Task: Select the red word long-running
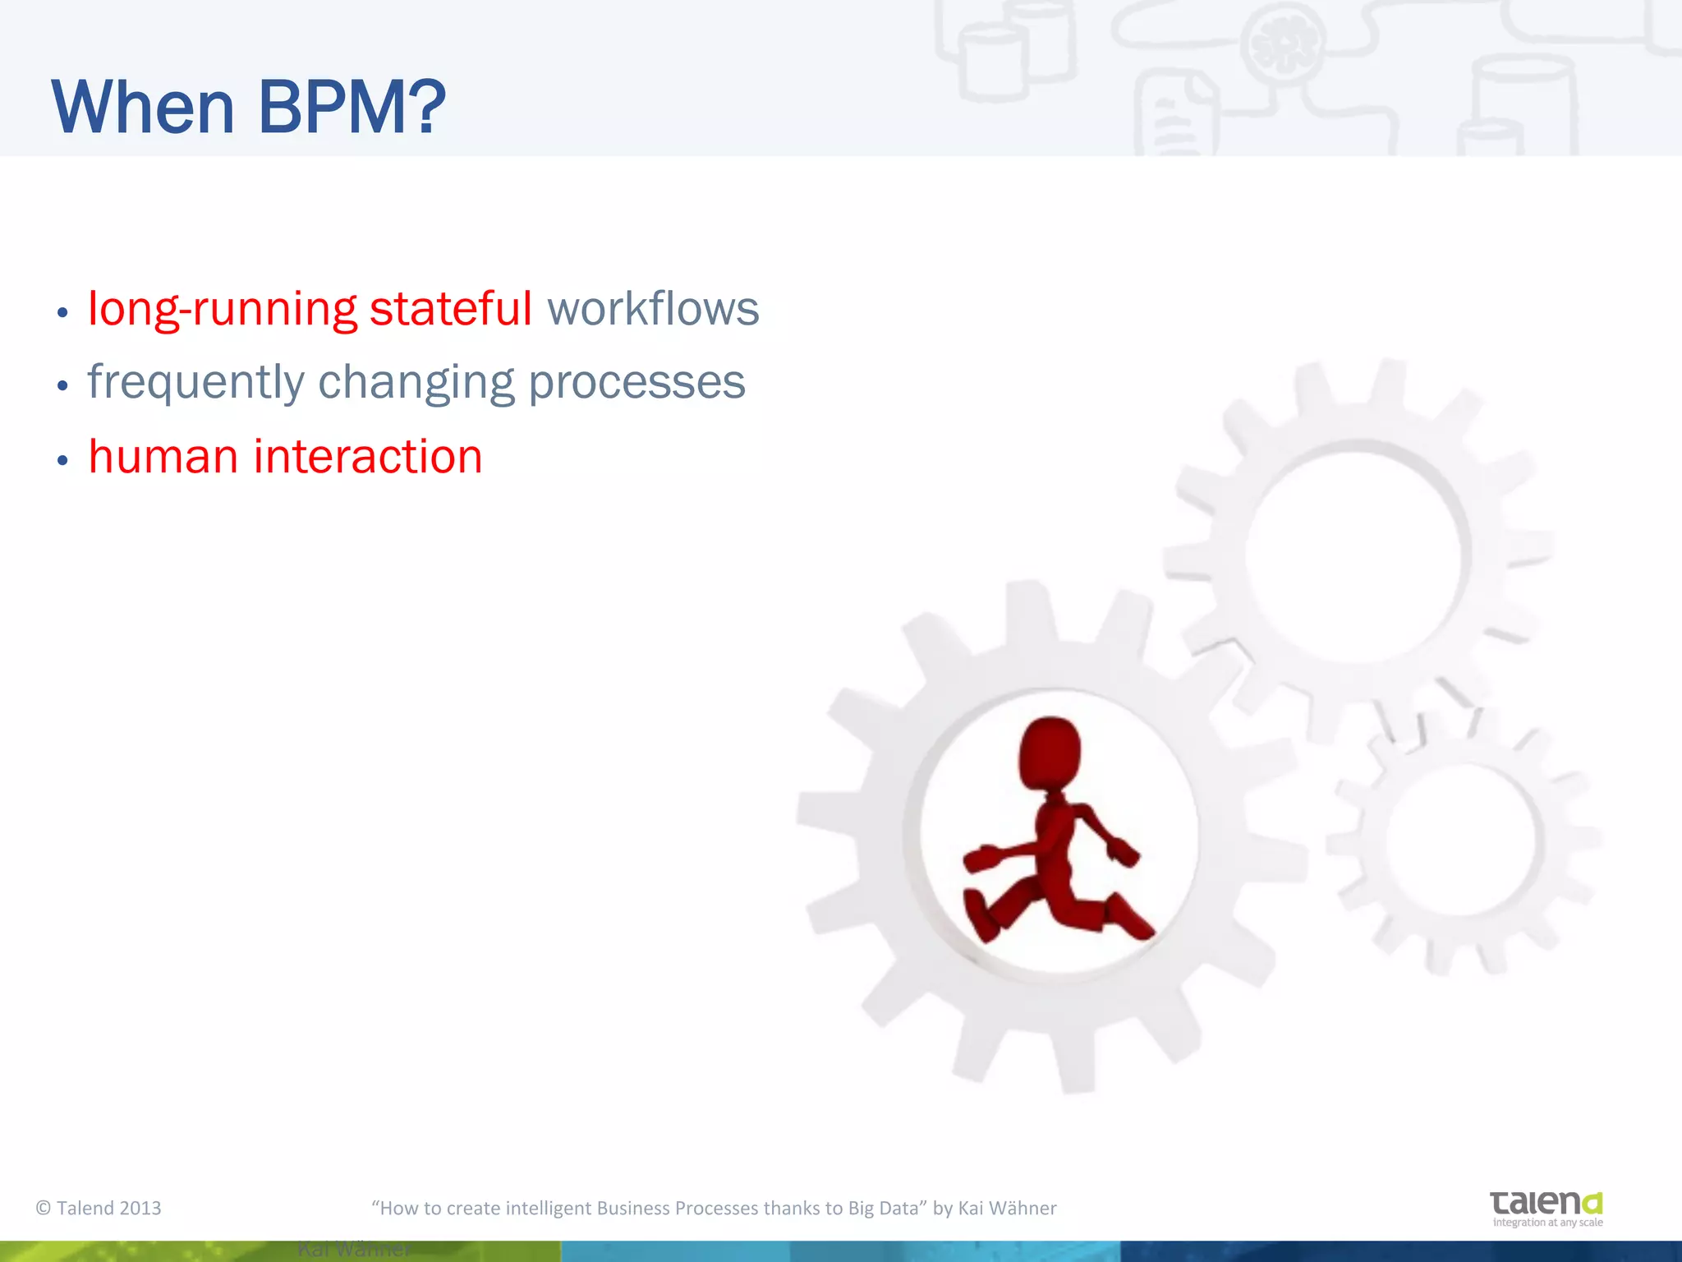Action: (x=222, y=311)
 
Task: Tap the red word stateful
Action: (x=450, y=309)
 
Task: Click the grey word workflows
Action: (x=653, y=309)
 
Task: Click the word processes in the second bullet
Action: (x=636, y=383)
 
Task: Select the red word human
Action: (x=163, y=457)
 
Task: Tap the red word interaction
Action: (x=367, y=457)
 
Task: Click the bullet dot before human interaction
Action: (x=62, y=461)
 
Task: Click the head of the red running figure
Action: (x=1050, y=751)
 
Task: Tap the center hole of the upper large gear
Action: (x=1353, y=552)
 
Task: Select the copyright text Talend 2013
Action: (x=99, y=1208)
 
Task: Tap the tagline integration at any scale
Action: (x=1547, y=1223)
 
